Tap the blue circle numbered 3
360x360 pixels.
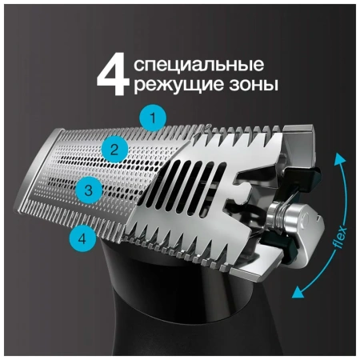click(x=89, y=190)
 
